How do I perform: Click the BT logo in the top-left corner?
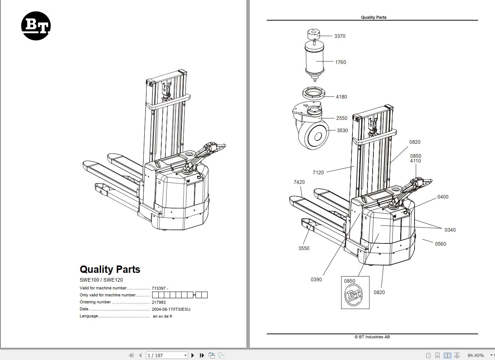pos(36,26)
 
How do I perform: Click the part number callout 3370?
pos(340,36)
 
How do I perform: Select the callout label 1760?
pos(340,62)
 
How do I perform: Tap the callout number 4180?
pos(341,97)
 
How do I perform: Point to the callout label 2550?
pos(341,118)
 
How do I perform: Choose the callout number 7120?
pos(318,172)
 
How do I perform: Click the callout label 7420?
pos(299,182)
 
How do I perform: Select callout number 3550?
pos(304,248)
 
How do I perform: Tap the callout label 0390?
pos(316,279)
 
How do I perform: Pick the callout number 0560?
pos(440,244)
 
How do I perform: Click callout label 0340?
pos(450,230)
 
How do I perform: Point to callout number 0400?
pos(442,197)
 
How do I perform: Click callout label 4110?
pos(415,161)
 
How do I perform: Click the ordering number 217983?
pos(159,302)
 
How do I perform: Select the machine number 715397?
pos(159,288)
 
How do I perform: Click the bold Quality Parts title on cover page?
pos(110,269)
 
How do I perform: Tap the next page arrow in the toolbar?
pos(193,355)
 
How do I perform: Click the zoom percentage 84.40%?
pos(476,355)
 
